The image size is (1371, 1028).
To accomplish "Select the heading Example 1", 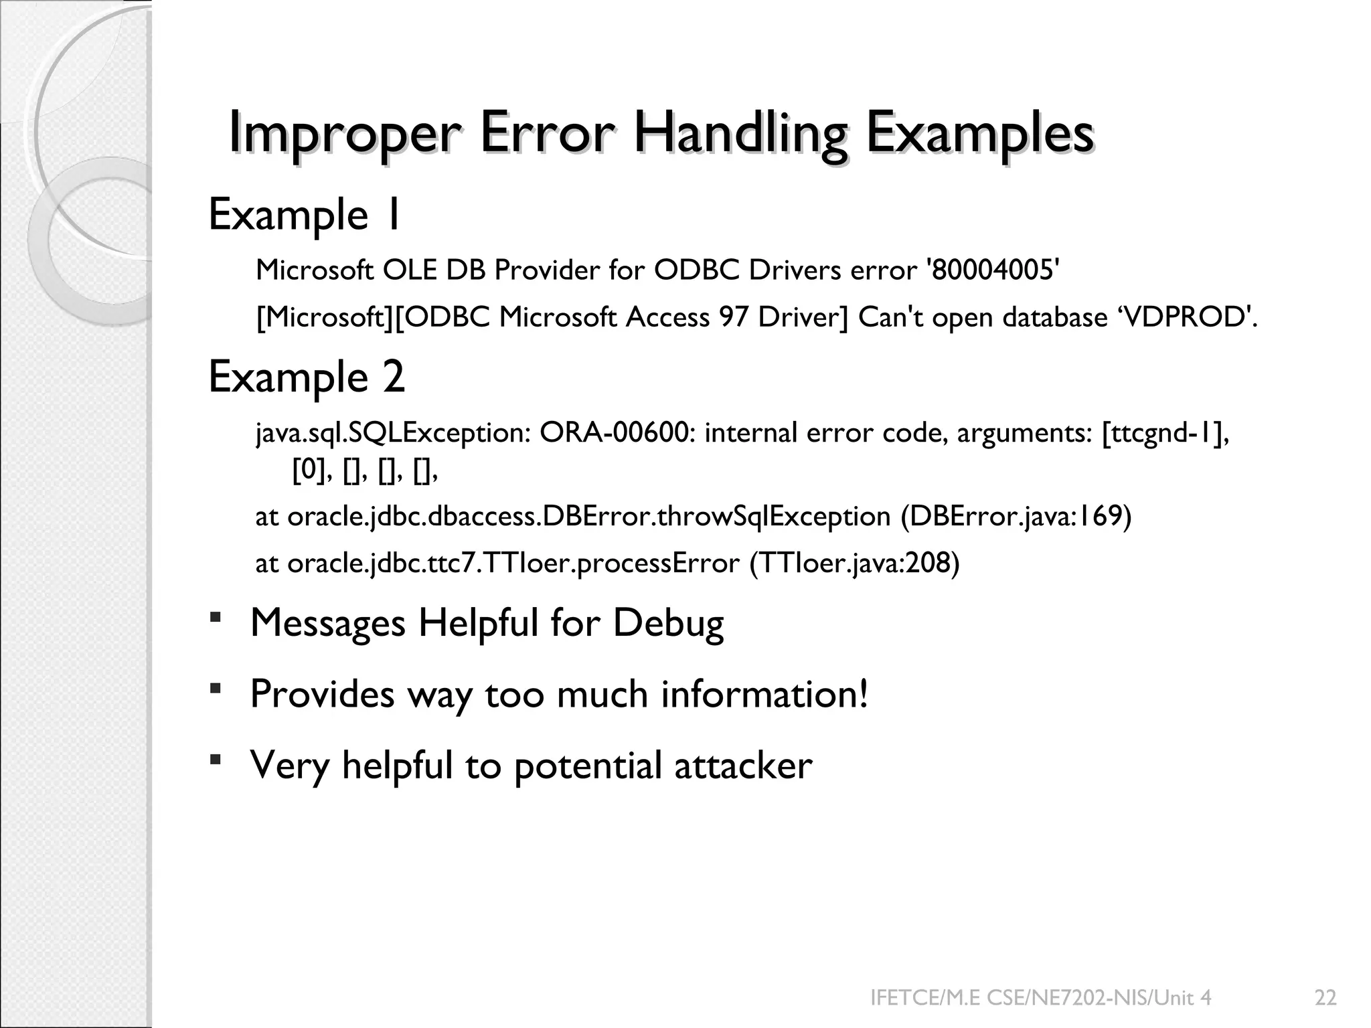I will coord(305,215).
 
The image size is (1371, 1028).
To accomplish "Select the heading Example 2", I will coord(307,377).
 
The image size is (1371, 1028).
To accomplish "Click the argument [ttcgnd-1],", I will coord(1165,433).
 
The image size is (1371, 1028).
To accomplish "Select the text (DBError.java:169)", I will coord(1016,517).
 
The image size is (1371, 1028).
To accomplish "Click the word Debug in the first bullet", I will coord(668,623).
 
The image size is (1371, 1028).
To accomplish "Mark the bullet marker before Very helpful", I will coord(216,758).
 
